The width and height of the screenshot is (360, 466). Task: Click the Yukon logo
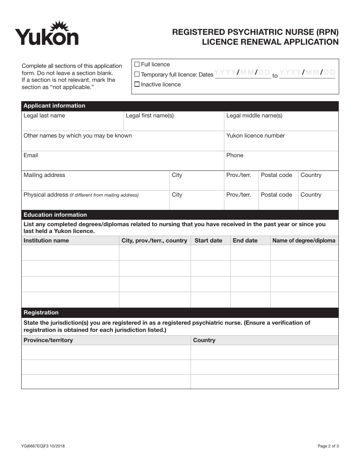[x=47, y=34]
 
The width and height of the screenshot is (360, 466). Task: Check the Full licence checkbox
[x=137, y=64]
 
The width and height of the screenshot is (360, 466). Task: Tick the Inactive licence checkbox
[x=137, y=84]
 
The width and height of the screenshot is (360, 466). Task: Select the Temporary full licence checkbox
[x=137, y=75]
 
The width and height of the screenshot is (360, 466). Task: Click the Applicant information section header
[x=54, y=106]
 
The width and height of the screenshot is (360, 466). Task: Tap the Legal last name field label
[x=44, y=116]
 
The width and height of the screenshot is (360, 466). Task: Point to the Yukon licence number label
[x=255, y=136]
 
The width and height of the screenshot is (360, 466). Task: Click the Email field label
[x=31, y=155]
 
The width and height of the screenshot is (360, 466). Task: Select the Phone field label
[x=235, y=155]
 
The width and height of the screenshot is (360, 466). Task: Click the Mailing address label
[x=44, y=175]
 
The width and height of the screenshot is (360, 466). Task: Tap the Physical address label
[x=45, y=195]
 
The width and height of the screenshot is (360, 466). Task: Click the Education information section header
[x=55, y=215]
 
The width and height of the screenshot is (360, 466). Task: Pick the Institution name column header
[x=46, y=241]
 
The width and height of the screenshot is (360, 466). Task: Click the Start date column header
[x=208, y=241]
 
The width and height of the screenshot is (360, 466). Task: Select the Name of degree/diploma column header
[x=304, y=241]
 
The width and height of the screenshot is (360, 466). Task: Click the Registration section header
[x=41, y=313]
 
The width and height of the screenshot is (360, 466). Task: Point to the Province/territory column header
[x=48, y=340]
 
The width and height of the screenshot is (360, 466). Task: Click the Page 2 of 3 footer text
[x=328, y=446]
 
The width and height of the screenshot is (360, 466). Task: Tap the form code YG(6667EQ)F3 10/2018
[x=43, y=446]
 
